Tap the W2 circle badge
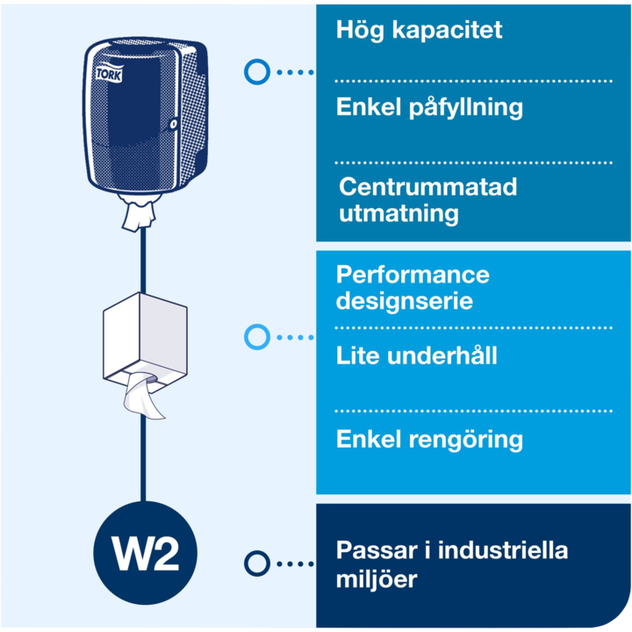145,551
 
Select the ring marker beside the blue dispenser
256,72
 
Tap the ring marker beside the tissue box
256,336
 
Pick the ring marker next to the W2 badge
256,564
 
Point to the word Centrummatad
427,187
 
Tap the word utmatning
399,213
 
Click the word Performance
413,275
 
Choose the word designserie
405,301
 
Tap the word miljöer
377,579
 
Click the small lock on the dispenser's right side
174,125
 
